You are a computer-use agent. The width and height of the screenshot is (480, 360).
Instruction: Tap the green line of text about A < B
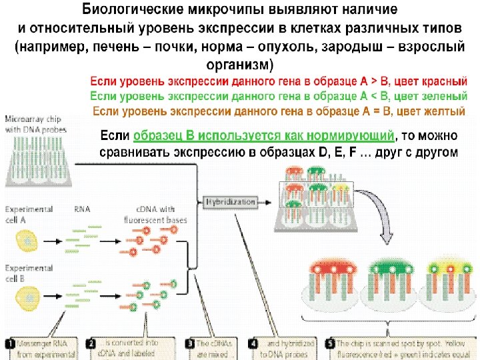pyautogui.click(x=279, y=96)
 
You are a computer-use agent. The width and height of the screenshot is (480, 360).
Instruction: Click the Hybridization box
pyautogui.click(x=231, y=201)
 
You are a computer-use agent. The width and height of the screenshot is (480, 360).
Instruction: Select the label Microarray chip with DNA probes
pyautogui.click(x=29, y=123)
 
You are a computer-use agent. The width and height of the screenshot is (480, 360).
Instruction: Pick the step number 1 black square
pyautogui.click(x=10, y=344)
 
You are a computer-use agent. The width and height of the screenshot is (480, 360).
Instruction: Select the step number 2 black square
pyautogui.click(x=91, y=344)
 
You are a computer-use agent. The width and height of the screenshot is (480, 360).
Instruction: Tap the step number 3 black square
pyautogui.click(x=190, y=344)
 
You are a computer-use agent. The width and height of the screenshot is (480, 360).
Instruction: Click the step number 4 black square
pyautogui.click(x=253, y=344)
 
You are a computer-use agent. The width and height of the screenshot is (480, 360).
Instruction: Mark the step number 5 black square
pyautogui.click(x=329, y=344)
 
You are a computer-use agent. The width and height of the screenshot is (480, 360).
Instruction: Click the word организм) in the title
pyautogui.click(x=240, y=65)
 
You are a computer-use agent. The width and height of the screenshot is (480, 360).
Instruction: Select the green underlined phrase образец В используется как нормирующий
pyautogui.click(x=264, y=136)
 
